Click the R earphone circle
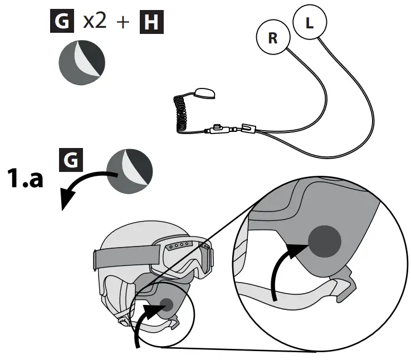click(x=273, y=39)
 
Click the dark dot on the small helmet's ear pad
click(x=166, y=304)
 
